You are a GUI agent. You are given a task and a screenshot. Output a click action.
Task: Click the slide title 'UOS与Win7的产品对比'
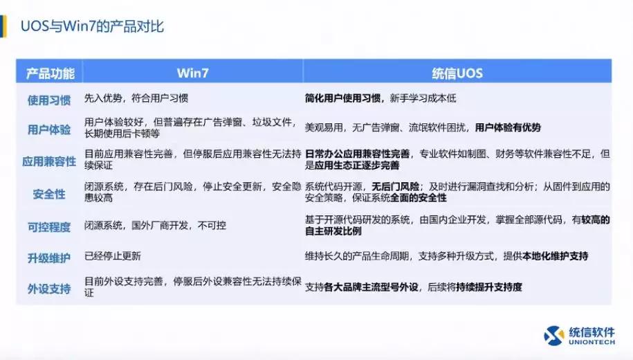[92, 27]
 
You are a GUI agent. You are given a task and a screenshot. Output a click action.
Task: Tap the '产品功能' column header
[49, 73]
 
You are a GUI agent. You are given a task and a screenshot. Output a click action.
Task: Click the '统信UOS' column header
[457, 73]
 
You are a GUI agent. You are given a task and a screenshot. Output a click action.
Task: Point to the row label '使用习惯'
[49, 100]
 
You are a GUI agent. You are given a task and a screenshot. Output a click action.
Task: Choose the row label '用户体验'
[49, 129]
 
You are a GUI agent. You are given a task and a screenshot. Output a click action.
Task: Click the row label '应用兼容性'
[49, 161]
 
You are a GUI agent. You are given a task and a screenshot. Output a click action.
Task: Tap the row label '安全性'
[49, 194]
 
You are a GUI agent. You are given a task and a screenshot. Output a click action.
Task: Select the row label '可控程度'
[49, 226]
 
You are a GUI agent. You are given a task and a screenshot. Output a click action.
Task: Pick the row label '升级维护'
[49, 258]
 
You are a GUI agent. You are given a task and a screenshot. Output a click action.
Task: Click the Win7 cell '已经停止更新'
[113, 256]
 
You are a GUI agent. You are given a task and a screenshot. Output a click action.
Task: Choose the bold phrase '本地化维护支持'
[556, 256]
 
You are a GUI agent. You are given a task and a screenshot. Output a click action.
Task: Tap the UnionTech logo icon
[554, 335]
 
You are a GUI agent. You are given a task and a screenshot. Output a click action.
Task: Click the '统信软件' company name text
[592, 332]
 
